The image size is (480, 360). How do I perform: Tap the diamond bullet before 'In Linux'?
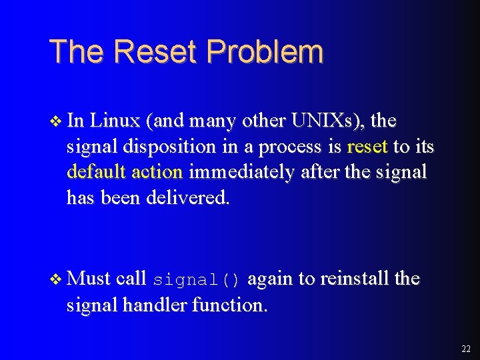[x=56, y=121]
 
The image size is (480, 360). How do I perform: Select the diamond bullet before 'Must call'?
[x=56, y=279]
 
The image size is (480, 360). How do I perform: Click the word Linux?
[x=116, y=121]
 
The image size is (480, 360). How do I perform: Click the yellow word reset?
[x=367, y=147]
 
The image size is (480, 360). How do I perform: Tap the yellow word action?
[x=157, y=172]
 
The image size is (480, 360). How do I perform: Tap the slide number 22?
[x=465, y=349]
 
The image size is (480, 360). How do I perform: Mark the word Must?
[x=89, y=278]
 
